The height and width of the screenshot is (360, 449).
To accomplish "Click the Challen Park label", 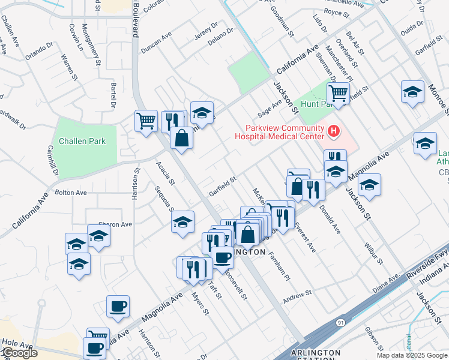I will tap(82, 142).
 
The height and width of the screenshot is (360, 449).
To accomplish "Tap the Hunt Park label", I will tap(316, 104).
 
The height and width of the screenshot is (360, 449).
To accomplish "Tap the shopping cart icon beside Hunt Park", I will tap(338, 93).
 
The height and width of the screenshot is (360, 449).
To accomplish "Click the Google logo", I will tap(19, 353).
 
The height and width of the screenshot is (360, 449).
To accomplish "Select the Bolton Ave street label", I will tap(71, 193).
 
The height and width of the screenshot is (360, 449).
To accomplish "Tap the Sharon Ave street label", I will tap(117, 224).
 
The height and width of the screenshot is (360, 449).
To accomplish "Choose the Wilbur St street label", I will tap(372, 253).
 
